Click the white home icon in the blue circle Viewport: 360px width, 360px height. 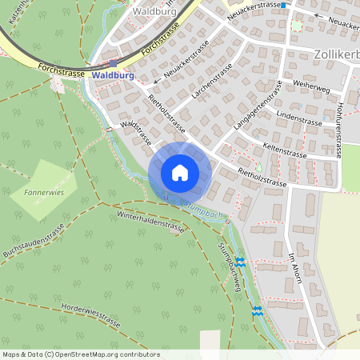tap(180, 172)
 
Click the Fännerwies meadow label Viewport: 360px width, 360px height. tap(44, 193)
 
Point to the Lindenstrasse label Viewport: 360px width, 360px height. tap(298, 120)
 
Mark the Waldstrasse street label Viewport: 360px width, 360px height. tap(137, 133)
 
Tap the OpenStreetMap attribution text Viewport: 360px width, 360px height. tap(70, 354)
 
